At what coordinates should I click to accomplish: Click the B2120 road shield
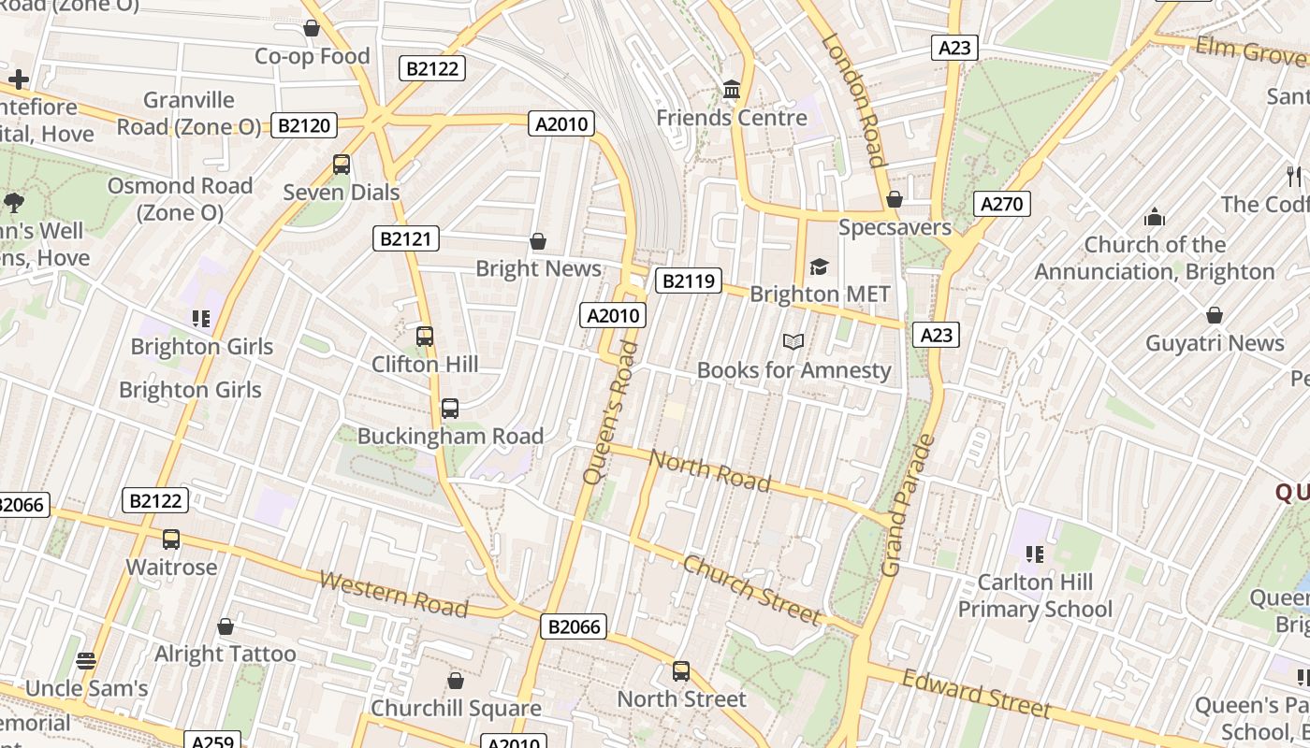(x=303, y=125)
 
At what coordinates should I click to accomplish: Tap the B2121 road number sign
(x=406, y=238)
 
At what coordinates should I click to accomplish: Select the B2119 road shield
(x=689, y=280)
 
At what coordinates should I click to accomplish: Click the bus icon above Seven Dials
(x=342, y=165)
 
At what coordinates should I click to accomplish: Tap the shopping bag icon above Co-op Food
(x=312, y=29)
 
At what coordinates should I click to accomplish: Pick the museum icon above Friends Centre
(x=732, y=90)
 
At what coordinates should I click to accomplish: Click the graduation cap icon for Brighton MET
(x=820, y=267)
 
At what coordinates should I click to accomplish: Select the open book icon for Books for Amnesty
(x=793, y=342)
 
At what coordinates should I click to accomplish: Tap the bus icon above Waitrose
(x=171, y=539)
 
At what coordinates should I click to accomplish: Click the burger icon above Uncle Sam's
(x=86, y=661)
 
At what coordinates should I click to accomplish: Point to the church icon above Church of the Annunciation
(x=1155, y=218)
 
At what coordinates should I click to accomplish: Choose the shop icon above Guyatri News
(x=1215, y=316)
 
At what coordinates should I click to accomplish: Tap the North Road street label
(x=710, y=470)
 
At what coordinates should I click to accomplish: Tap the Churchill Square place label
(x=456, y=708)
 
